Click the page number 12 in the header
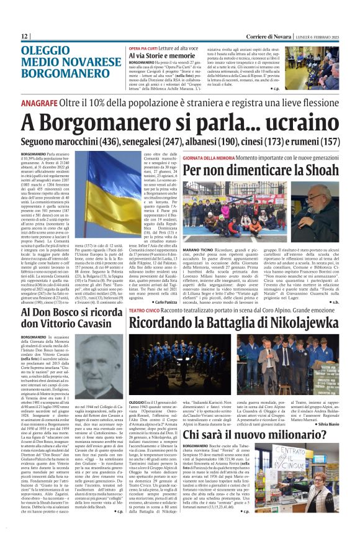[25, 37]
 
